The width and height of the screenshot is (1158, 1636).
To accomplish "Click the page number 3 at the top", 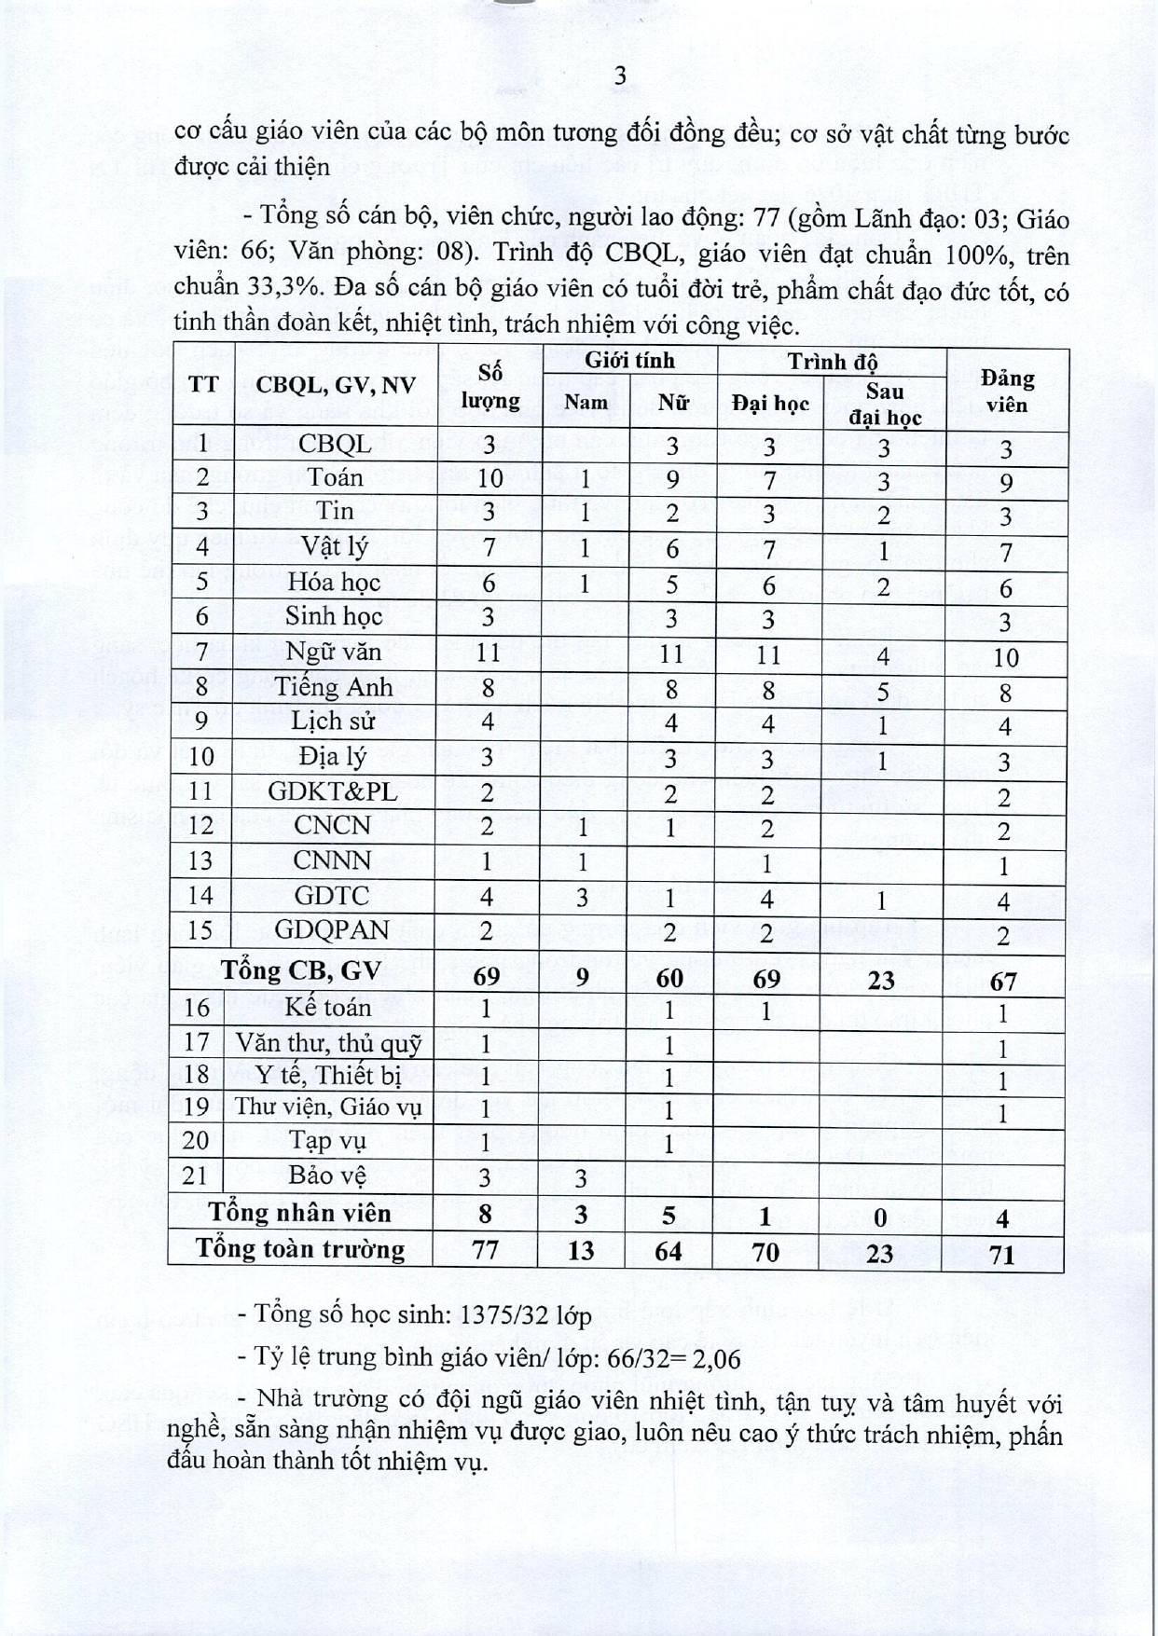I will [x=620, y=76].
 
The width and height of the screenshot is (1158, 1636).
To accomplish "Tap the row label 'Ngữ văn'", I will [x=333, y=651].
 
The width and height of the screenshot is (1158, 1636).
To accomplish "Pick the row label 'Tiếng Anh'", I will [x=333, y=686].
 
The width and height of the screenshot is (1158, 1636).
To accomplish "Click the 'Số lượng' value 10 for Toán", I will [x=489, y=478].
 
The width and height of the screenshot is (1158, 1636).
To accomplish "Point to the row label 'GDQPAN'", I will [x=329, y=930].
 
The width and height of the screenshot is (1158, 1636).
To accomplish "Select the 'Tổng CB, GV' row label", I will [x=300, y=970].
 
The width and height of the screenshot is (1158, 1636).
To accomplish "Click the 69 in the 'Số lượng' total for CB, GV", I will [x=487, y=977].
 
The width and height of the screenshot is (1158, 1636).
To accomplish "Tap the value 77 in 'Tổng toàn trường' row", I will [x=486, y=1249].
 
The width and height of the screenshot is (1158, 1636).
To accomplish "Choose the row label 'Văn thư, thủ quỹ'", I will [x=328, y=1042].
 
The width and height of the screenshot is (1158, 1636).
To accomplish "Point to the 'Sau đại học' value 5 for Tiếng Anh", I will [x=883, y=692].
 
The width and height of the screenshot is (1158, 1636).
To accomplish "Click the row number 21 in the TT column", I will [x=195, y=1175].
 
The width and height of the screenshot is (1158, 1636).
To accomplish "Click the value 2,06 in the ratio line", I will [x=714, y=1359].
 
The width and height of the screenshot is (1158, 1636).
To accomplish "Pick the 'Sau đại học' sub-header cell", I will [x=883, y=404].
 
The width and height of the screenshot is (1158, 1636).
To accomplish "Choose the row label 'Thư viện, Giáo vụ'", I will [x=328, y=1107].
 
